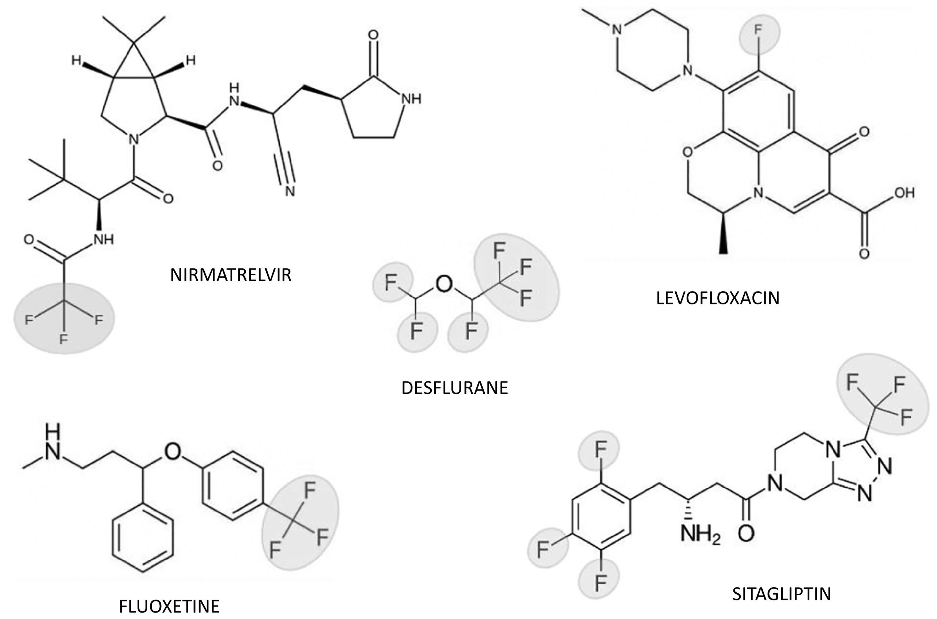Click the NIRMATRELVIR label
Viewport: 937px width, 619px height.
click(231, 275)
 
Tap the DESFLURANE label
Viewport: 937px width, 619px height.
click(454, 388)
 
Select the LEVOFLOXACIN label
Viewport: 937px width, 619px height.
click(717, 298)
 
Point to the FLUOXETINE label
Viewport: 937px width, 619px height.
click(169, 606)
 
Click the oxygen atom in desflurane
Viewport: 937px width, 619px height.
click(444, 284)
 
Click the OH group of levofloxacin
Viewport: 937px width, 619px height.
click(904, 193)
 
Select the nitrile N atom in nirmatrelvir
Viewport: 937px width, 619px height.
click(290, 191)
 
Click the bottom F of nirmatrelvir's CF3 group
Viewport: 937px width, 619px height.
click(64, 339)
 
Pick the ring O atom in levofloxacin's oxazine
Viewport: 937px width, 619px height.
click(688, 152)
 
